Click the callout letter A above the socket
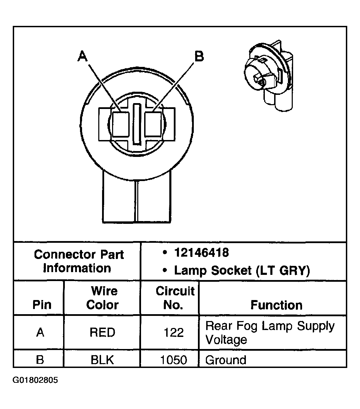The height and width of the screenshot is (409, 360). click(82, 56)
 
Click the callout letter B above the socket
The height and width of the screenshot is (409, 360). click(199, 56)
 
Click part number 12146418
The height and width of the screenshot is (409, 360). click(201, 253)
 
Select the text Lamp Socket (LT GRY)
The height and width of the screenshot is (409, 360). click(242, 271)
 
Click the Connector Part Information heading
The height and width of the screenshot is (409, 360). click(78, 261)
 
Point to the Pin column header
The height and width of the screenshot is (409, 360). click(42, 305)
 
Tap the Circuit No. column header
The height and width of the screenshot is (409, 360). click(175, 298)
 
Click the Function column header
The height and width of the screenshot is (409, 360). click(276, 305)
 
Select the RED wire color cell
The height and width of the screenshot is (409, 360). click(102, 332)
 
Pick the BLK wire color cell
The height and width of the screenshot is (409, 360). click(102, 360)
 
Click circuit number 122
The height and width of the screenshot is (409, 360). click(174, 332)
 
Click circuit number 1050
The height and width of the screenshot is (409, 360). click(174, 360)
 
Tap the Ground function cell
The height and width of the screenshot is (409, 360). click(226, 360)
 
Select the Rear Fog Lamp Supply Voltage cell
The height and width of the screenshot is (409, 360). click(270, 332)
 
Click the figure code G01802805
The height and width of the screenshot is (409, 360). click(35, 380)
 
